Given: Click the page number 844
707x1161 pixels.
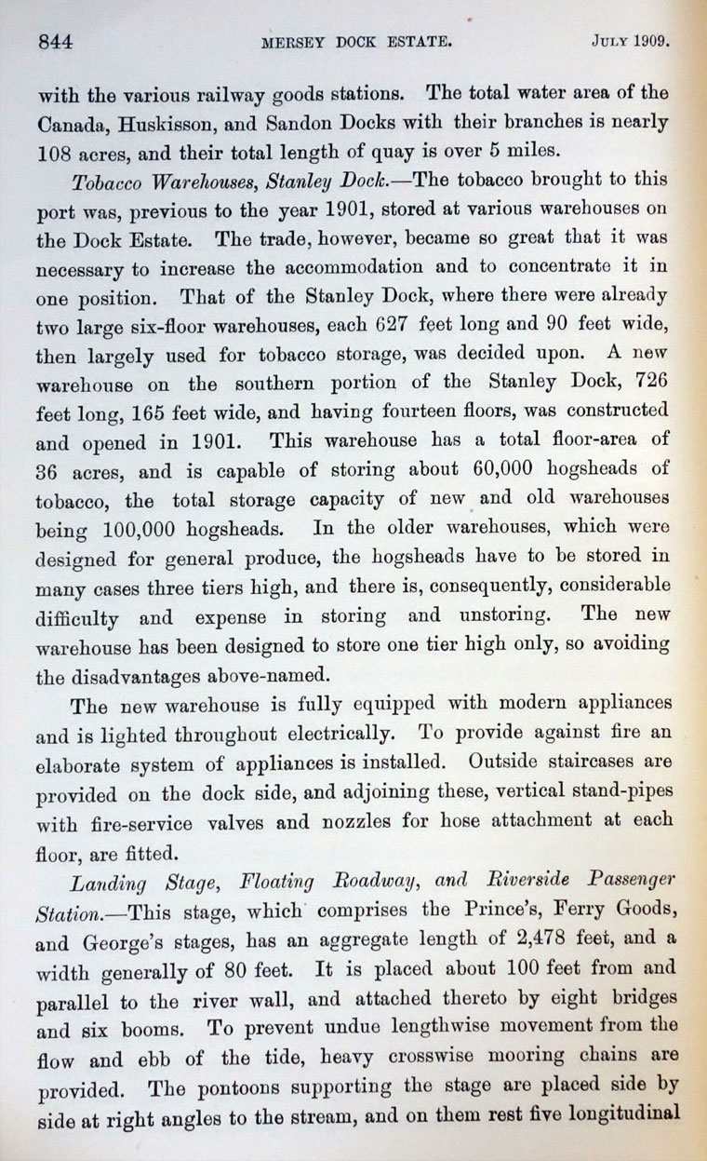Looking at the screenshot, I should coord(56,41).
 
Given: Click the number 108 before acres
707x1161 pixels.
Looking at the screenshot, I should coord(57,151).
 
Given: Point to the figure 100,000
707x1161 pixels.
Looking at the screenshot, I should coord(130,531).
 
